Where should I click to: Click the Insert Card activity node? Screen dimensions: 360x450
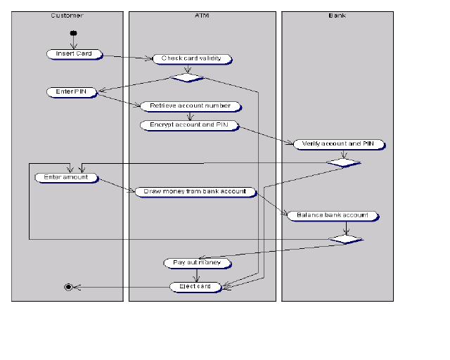pos(74,54)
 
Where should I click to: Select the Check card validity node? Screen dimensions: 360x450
pos(192,59)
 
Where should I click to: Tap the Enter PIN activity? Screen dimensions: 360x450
pos(71,92)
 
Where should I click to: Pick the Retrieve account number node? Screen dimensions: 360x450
pos(191,106)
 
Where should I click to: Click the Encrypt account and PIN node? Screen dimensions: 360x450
pos(188,125)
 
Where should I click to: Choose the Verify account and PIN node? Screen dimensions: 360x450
pos(339,144)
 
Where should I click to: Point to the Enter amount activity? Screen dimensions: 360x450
pos(66,178)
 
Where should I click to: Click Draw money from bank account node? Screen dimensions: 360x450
pos(195,191)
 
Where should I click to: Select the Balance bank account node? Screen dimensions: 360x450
pos(333,216)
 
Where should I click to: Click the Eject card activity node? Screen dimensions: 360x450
pos(195,287)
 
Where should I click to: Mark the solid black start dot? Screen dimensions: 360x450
pos(73,33)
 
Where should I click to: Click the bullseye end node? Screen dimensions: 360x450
pos(68,287)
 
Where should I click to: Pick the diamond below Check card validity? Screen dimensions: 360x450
pos(188,77)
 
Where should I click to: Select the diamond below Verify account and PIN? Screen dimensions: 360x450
pos(344,162)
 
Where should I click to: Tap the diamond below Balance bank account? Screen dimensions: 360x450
pos(347,240)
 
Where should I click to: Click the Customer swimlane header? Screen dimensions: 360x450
pos(67,15)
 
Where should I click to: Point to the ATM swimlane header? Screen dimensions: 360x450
pos(202,15)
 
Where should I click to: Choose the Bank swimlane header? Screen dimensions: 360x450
pos(337,15)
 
